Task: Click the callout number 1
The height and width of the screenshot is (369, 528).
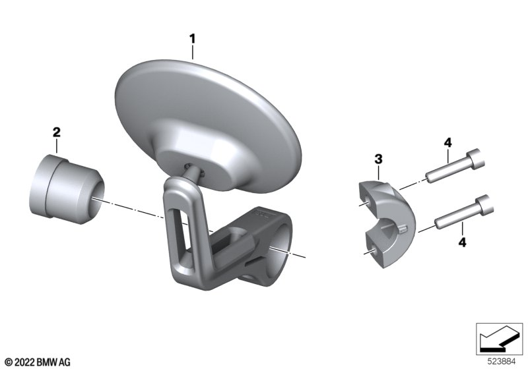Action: (192, 39)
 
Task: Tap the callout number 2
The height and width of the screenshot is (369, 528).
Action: (57, 132)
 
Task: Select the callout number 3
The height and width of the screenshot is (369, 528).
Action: (378, 159)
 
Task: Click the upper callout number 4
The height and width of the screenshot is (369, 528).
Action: (448, 143)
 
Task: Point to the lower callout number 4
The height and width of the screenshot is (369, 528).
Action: (463, 242)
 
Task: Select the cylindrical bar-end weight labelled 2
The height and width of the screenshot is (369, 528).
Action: (67, 190)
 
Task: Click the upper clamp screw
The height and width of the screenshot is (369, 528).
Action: (455, 166)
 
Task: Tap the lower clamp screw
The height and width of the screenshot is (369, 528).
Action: (464, 212)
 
